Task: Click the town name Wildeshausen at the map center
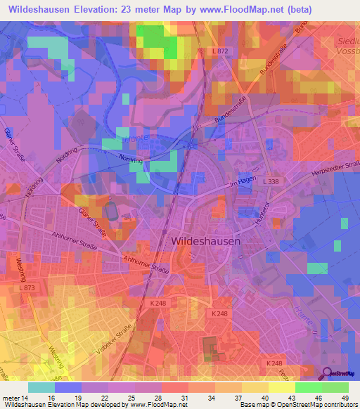[205, 240]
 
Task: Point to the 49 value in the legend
[344, 397]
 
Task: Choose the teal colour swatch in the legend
[41, 387]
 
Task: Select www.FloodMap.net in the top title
[234, 9]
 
